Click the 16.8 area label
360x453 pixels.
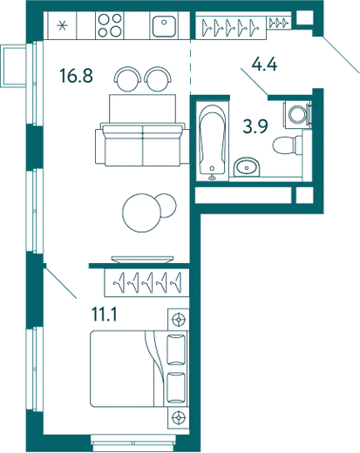tap(76, 75)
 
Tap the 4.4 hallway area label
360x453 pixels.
tap(265, 64)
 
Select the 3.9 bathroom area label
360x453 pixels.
tap(255, 126)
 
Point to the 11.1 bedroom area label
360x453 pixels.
tap(105, 314)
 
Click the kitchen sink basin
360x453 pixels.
tap(164, 26)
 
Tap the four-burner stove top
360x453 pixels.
tap(110, 25)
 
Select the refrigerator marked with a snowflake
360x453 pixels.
tap(62, 25)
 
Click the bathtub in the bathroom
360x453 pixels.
tap(213, 140)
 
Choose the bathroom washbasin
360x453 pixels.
tap(247, 167)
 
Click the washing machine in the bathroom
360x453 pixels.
tap(297, 114)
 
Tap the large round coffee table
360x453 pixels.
tap(142, 213)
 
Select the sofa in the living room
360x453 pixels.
tap(143, 145)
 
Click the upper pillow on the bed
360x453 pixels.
tap(176, 349)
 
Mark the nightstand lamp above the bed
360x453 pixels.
tap(178, 320)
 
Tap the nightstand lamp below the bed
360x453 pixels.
tap(178, 417)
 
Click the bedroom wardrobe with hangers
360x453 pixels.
tap(147, 283)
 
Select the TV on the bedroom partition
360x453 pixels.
tap(142, 260)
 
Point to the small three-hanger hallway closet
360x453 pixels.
tap(278, 23)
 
